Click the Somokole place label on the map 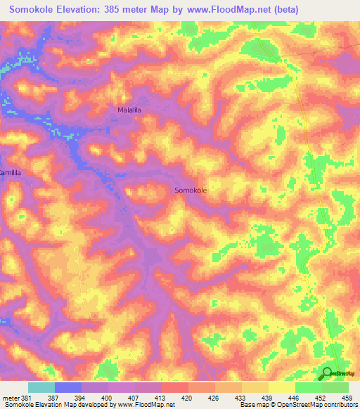point(190,190)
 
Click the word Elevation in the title point(88,10)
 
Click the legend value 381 point(26,397)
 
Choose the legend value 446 point(295,397)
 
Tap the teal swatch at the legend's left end point(41,387)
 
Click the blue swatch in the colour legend point(67,387)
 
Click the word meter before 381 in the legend point(11,397)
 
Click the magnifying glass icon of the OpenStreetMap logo point(326,373)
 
